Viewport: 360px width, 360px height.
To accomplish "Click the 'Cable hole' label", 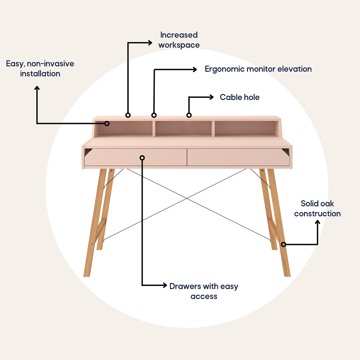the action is [x=240, y=97].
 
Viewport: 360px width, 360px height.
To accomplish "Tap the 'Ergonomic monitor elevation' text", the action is [x=258, y=69].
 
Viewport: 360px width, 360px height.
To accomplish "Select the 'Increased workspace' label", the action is [x=179, y=40].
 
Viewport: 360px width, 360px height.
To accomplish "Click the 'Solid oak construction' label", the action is [x=317, y=208].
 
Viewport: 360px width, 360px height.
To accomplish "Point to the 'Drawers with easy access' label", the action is [x=204, y=291].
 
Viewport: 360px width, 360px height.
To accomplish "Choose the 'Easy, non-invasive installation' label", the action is [x=40, y=68].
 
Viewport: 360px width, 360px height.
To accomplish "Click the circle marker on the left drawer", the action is [x=142, y=158].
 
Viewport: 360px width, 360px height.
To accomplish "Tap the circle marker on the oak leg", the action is [x=284, y=245].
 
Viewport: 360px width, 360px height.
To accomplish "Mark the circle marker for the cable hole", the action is [x=189, y=115].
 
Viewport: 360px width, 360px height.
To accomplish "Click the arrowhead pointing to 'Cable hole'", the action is [x=212, y=97].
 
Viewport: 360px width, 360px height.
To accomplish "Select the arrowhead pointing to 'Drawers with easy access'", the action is [x=165, y=285].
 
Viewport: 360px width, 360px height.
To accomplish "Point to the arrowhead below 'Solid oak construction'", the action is [x=318, y=222].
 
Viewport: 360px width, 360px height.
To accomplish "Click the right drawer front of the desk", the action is [x=238, y=157].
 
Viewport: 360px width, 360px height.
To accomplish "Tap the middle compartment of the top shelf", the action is [x=183, y=128].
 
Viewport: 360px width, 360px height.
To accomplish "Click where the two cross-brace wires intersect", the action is [x=187, y=198].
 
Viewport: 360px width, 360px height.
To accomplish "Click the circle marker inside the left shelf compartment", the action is [x=107, y=124].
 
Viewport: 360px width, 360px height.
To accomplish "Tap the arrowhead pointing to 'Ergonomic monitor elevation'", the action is [x=195, y=69].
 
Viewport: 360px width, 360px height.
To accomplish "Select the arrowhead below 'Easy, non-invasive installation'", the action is [x=37, y=88].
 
